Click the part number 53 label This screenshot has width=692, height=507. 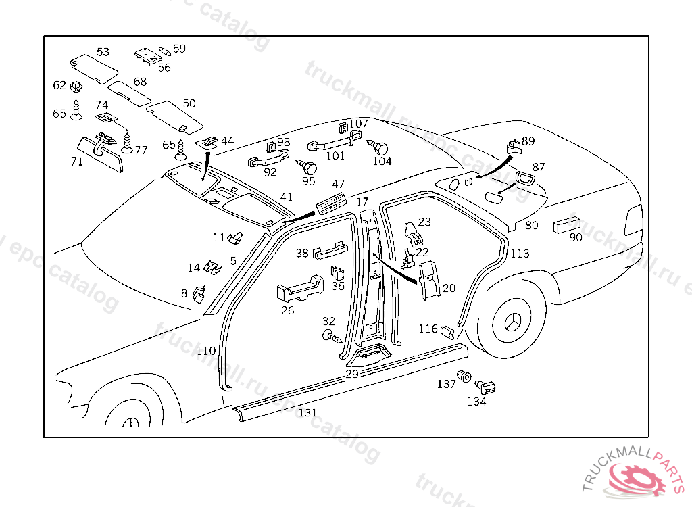coord(103,52)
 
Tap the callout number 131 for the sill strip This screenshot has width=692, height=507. coord(307,412)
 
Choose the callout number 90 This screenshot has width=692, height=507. coord(576,238)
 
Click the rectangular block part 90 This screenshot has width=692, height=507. coord(568,225)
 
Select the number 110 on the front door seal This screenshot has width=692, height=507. coord(206,351)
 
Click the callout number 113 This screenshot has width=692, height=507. coord(520,254)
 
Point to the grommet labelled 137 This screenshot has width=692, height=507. coord(464,376)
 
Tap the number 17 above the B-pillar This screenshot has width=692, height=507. coord(362,201)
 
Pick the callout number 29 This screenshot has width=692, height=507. coord(351,374)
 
